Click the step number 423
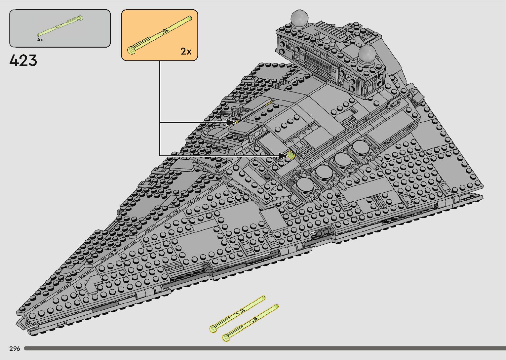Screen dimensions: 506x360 (x=23, y=60)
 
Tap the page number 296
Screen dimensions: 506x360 (x=15, y=349)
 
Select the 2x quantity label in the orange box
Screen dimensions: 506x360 (x=186, y=51)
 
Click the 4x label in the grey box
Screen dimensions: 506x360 (x=40, y=40)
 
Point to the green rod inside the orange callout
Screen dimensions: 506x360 (x=161, y=33)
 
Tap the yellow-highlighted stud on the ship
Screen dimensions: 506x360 (x=291, y=155)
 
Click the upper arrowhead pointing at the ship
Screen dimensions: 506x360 (x=231, y=122)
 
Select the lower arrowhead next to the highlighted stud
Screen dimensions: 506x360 (x=283, y=155)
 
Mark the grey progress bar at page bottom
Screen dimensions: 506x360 (x=264, y=348)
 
